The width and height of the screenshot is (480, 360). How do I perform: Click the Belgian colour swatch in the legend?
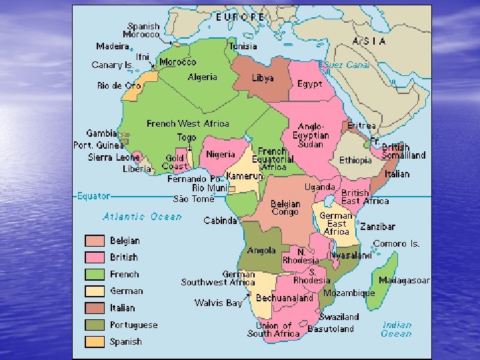click(94, 241)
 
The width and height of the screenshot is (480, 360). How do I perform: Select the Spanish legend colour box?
click(94, 341)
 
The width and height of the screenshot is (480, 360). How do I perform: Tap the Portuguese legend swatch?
click(94, 325)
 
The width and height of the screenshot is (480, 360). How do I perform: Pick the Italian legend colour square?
click(94, 308)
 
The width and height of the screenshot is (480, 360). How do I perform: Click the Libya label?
click(263, 78)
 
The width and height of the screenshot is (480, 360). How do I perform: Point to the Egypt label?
click(309, 85)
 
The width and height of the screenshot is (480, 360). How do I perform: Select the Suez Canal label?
click(346, 65)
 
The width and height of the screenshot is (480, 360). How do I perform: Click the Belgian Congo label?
click(285, 208)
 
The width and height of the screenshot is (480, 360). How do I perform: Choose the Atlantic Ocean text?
click(142, 217)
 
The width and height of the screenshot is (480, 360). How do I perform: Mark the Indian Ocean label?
click(397, 329)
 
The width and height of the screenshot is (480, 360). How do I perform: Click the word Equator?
click(93, 196)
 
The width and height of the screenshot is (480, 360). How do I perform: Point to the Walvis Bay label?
click(218, 303)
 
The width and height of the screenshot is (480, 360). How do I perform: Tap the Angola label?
click(261, 251)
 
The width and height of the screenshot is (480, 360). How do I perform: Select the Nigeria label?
click(221, 154)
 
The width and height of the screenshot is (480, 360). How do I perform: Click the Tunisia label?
click(243, 47)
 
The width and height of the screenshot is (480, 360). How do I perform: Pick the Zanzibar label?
click(377, 227)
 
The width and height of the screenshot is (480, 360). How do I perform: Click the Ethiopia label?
click(355, 161)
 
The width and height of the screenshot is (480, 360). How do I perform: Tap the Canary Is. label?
click(112, 65)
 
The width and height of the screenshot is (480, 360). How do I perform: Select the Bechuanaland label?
click(284, 298)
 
